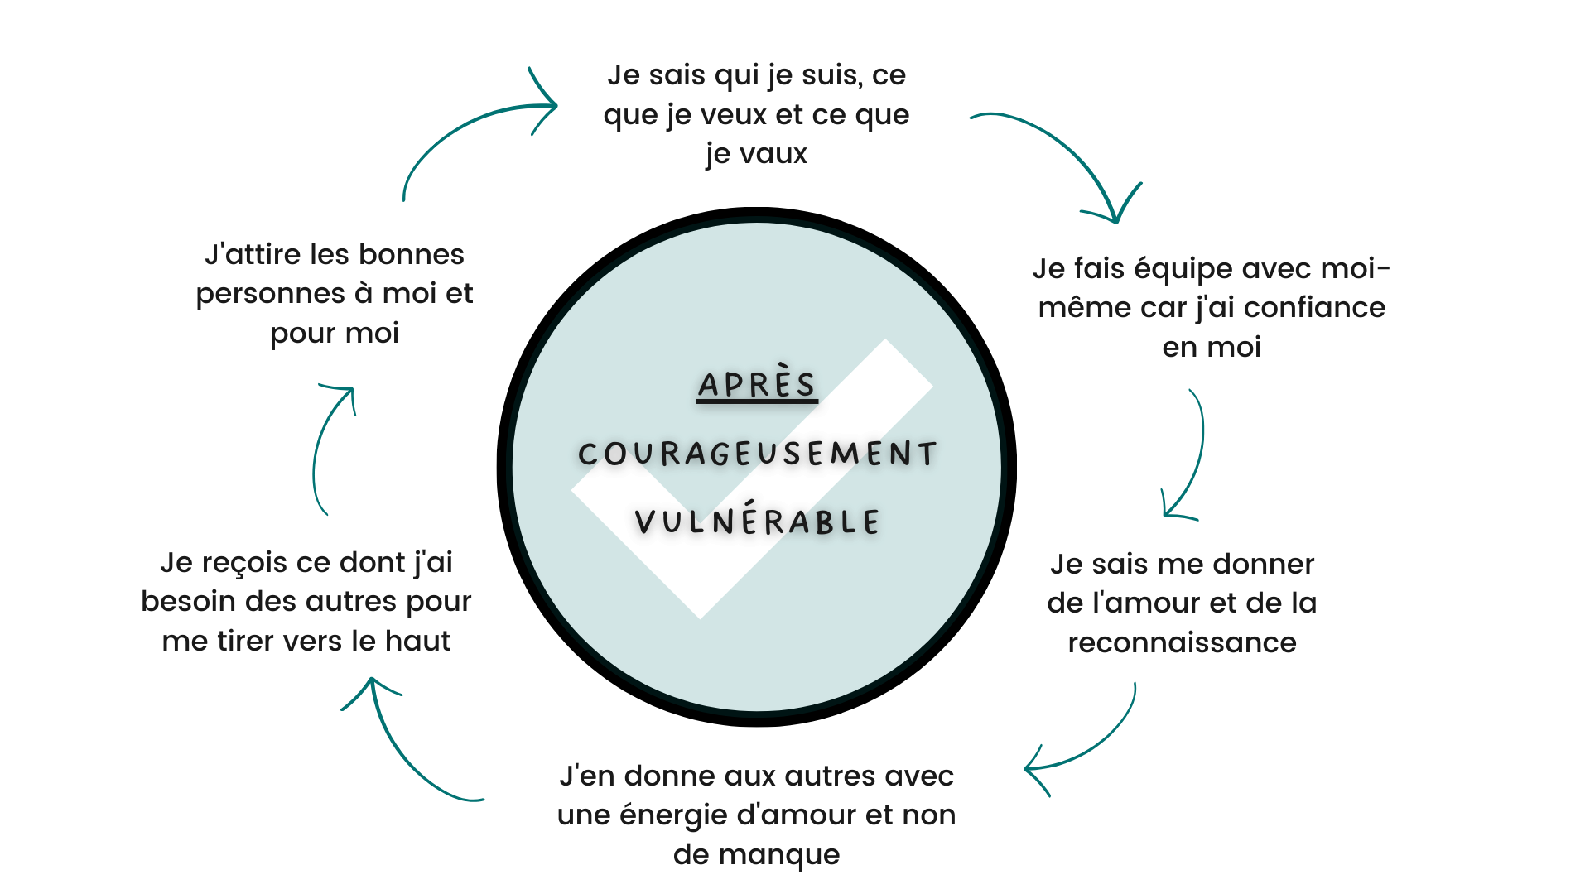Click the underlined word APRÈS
757,384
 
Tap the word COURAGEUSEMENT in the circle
758,454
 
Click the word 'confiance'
1314,308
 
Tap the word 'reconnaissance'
1182,643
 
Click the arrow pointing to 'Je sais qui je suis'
464,124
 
